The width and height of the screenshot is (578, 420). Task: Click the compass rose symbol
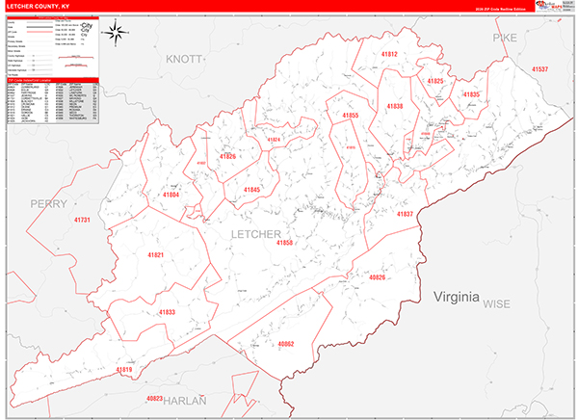(x=115, y=35)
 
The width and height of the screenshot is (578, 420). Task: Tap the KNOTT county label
(x=184, y=60)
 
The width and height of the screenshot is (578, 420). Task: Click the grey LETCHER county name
(x=255, y=234)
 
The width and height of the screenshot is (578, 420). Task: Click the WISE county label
(x=497, y=303)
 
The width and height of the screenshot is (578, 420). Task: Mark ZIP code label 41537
(x=539, y=70)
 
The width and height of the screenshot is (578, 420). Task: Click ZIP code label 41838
(x=395, y=105)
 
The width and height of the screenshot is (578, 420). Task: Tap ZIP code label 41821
(x=156, y=254)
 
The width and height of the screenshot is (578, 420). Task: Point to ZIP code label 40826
(x=377, y=277)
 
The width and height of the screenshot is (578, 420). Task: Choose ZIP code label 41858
(x=284, y=243)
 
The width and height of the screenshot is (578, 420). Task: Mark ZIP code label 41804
(x=171, y=195)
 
